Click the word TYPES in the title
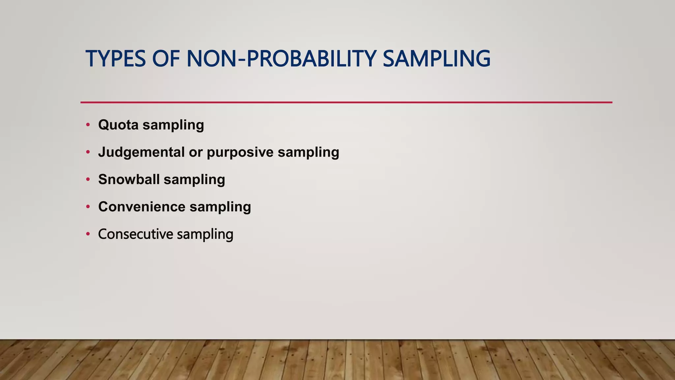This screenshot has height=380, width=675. tap(115, 59)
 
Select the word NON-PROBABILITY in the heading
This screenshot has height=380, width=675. tap(281, 59)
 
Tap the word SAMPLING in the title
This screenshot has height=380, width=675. tap(436, 59)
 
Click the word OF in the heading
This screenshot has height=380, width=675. tap(166, 59)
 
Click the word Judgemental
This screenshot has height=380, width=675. tap(141, 152)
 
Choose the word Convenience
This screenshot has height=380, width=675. tap(142, 207)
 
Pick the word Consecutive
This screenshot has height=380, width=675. tap(135, 234)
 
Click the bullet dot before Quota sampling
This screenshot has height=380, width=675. tap(88, 125)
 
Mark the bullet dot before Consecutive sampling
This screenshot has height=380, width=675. tap(88, 234)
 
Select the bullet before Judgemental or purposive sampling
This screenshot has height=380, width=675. tap(88, 152)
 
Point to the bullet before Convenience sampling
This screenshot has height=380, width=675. tap(88, 207)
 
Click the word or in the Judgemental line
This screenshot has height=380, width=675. tap(195, 152)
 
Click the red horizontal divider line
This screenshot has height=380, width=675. tap(346, 102)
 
